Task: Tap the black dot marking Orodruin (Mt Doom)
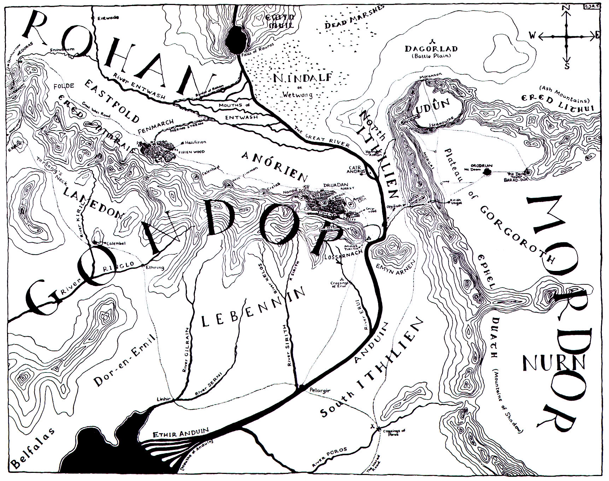pyautogui.click(x=488, y=172)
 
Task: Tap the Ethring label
pyautogui.click(x=155, y=267)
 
